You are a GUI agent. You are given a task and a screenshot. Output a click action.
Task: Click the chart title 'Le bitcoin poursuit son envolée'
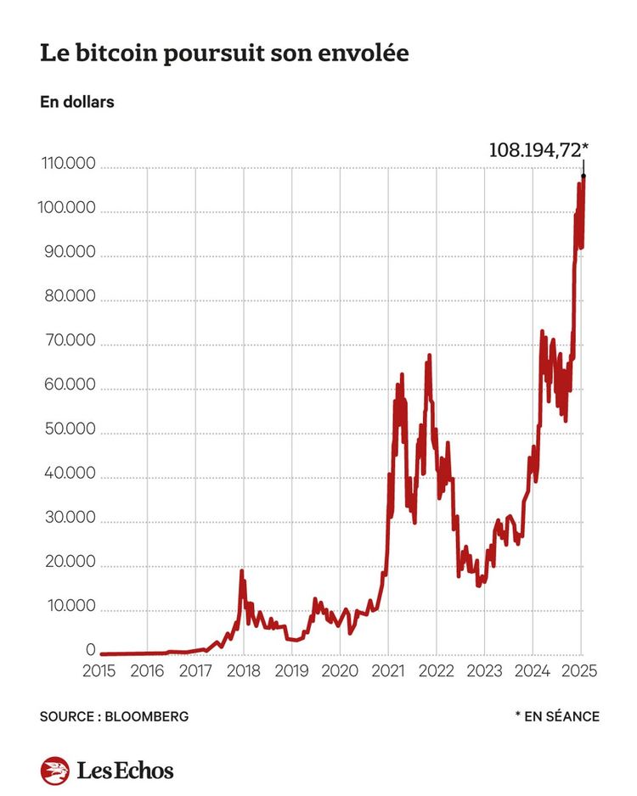tap(224, 53)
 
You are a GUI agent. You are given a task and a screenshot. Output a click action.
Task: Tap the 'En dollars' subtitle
tap(76, 103)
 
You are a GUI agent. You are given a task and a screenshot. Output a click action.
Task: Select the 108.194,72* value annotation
tap(538, 150)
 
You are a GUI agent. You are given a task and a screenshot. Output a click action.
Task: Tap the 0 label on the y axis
tap(90, 650)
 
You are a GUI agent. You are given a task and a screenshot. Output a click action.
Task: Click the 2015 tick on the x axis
tap(101, 670)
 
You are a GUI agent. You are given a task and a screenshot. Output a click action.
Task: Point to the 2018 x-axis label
tap(244, 670)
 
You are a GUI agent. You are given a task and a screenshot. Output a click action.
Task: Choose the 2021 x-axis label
tap(388, 670)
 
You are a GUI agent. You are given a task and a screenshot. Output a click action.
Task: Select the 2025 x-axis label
tap(580, 670)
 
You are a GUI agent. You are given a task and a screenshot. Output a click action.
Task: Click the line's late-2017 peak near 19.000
tap(242, 571)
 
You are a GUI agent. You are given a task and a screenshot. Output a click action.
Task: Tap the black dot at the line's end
tap(583, 176)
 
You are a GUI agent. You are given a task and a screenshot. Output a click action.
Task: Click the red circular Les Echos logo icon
tap(54, 770)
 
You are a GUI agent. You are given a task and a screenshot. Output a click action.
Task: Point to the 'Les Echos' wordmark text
tap(125, 770)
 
